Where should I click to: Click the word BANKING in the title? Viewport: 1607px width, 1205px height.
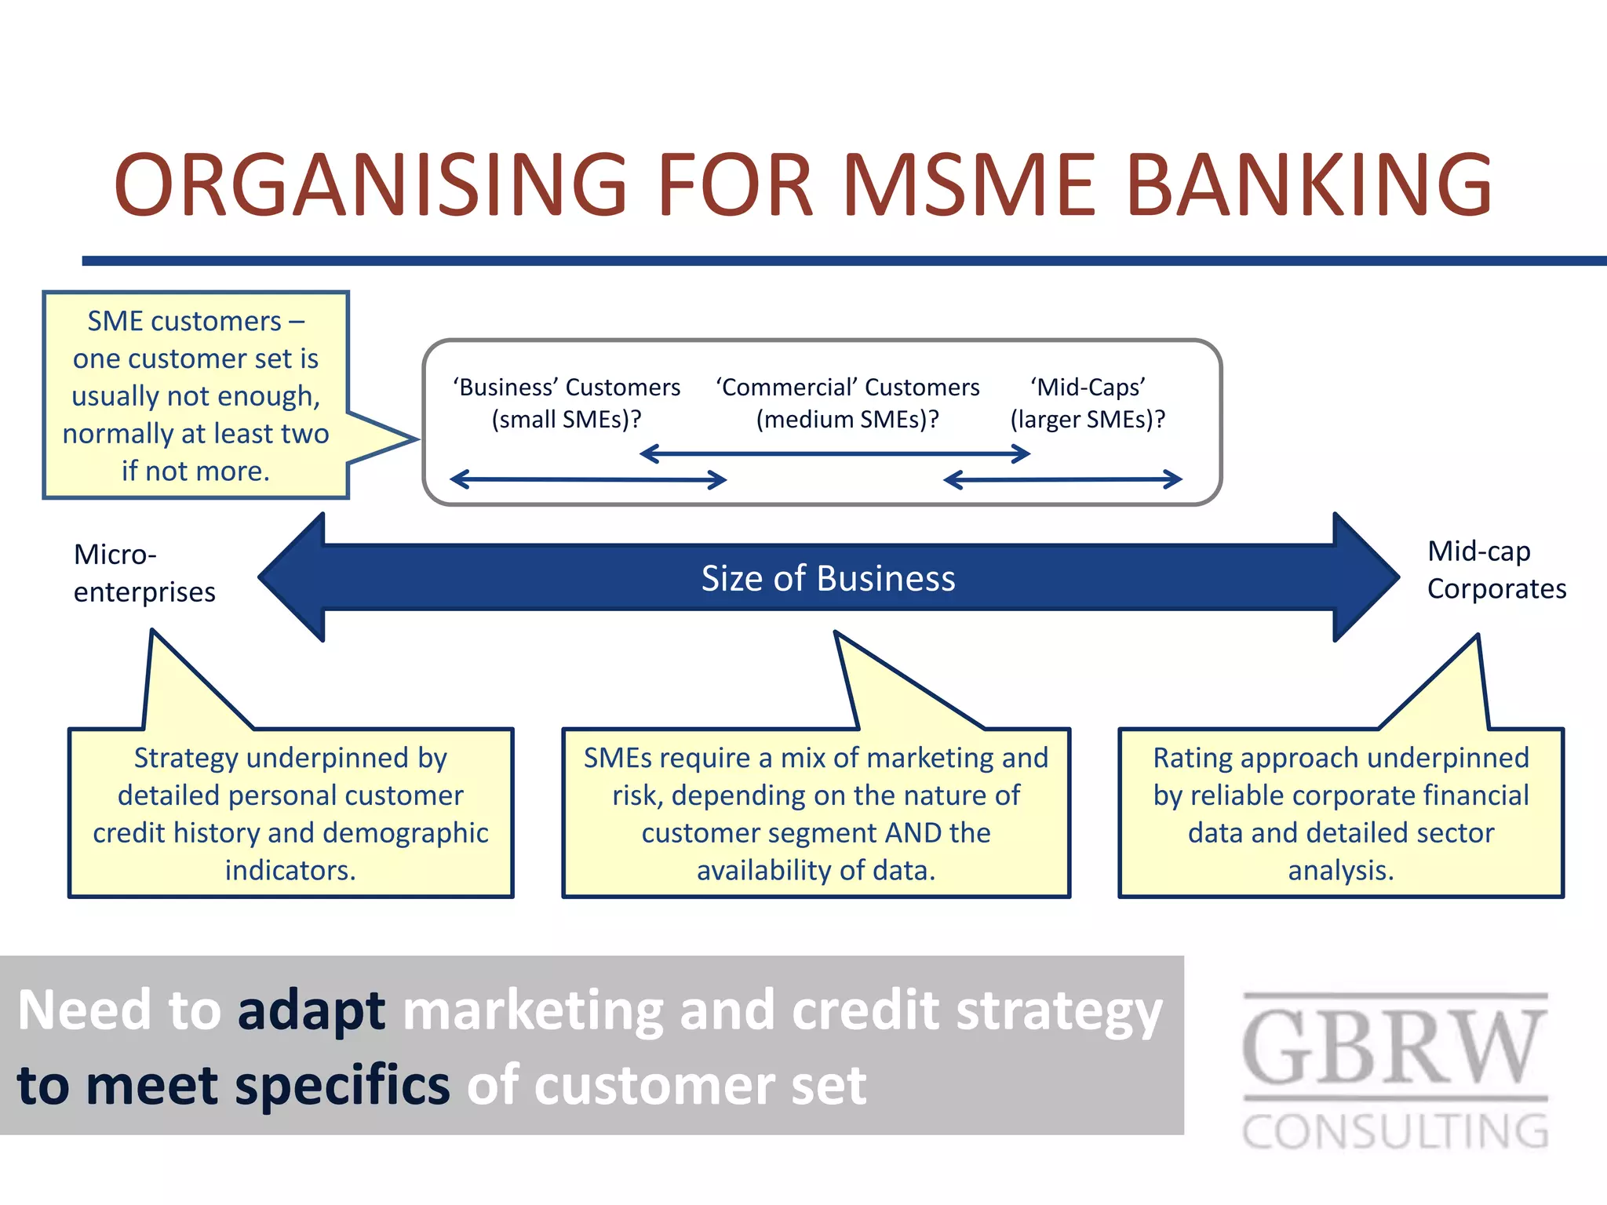tap(1309, 185)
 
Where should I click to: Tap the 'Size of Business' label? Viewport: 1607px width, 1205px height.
tap(828, 578)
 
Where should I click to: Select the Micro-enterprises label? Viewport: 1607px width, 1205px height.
tap(144, 573)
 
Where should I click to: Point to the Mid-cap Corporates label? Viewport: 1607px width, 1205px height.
tap(1496, 570)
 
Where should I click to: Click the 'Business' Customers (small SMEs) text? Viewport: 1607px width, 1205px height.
tap(567, 403)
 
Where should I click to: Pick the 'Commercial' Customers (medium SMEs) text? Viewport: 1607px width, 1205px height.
tap(847, 403)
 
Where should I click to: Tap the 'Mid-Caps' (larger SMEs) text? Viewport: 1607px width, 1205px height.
tap(1088, 403)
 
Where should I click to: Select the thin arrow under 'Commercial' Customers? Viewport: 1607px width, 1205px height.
tap(835, 453)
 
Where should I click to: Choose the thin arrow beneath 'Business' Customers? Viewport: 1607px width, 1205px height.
tap(589, 479)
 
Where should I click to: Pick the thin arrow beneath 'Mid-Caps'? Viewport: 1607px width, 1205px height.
tap(1062, 479)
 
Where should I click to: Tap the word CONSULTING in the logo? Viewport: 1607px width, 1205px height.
tap(1395, 1131)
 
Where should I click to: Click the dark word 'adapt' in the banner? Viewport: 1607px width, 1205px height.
tap(311, 1010)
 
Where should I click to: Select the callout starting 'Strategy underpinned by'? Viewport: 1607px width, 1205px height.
tap(290, 813)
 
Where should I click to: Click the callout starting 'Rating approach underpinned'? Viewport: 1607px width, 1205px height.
tap(1340, 813)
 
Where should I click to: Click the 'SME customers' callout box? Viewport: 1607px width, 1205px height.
tap(195, 395)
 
